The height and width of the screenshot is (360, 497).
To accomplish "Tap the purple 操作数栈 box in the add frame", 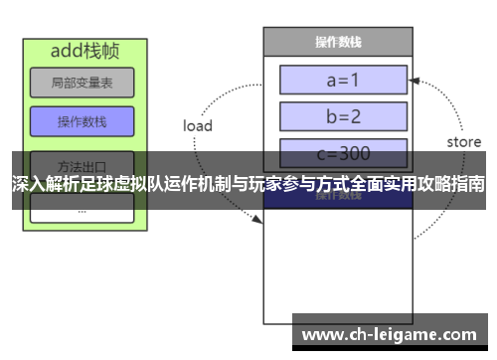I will point(82,121).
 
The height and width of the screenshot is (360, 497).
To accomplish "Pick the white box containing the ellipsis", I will point(82,209).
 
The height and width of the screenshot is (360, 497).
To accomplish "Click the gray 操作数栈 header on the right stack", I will point(337,42).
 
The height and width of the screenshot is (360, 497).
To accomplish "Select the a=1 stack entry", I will point(343,79).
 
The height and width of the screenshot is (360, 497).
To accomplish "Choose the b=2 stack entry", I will point(343,116).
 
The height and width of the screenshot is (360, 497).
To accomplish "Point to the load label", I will point(198,126).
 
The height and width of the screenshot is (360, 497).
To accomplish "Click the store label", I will point(463,142).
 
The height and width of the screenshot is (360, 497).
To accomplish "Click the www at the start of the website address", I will point(322,335).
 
